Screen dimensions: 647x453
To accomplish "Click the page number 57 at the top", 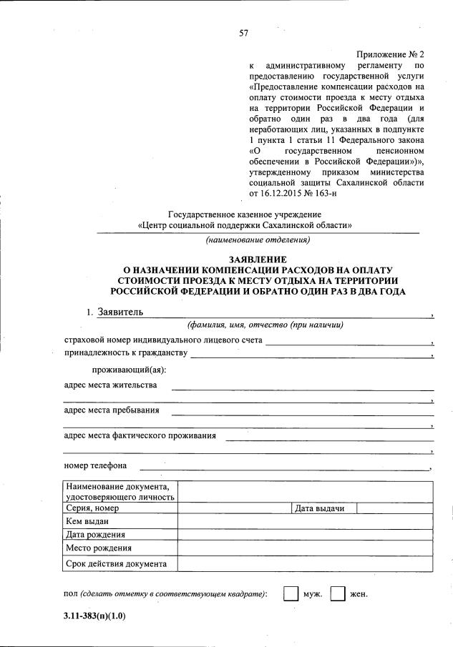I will coord(243,33).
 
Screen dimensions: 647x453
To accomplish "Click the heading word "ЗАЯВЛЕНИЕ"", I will coord(258,259).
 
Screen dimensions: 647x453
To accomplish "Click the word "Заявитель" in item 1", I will coord(120,312).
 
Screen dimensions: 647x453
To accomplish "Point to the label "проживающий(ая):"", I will coord(129,370).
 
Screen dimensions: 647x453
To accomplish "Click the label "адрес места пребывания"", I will coord(112,410).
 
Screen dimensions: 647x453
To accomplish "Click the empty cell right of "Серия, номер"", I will coord(234,508).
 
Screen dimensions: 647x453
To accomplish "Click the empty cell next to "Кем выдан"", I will coord(305,522).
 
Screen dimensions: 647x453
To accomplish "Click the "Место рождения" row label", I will coord(99,549).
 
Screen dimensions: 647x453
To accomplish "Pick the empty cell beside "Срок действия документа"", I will coord(305,563).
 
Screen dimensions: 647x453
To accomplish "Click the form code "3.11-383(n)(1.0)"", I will coord(94,617).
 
